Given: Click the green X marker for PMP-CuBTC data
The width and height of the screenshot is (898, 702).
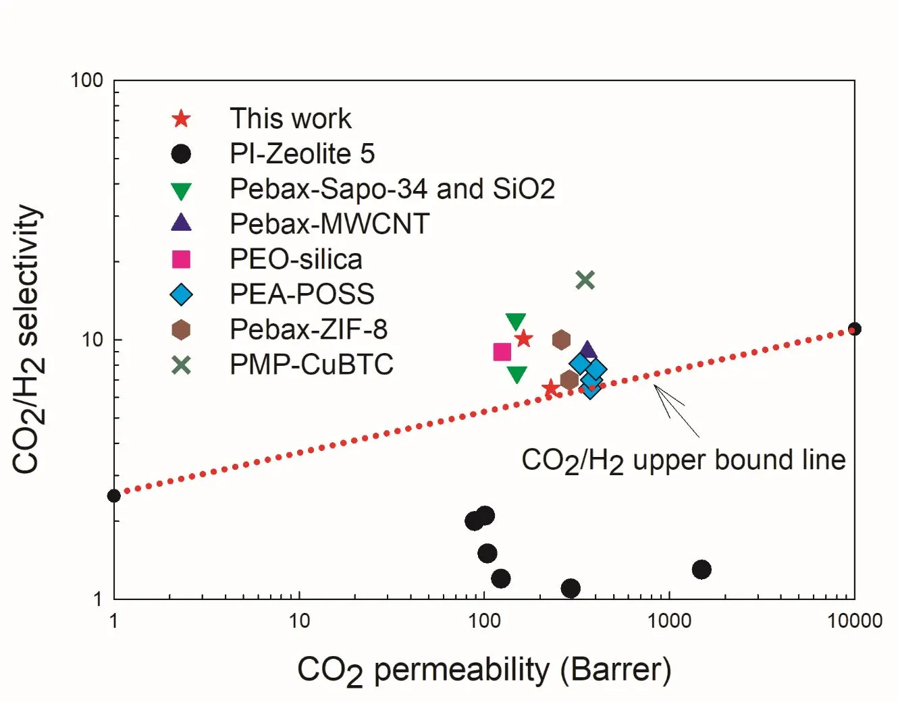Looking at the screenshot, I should [x=585, y=280].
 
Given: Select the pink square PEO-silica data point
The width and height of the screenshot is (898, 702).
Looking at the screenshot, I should [x=502, y=352].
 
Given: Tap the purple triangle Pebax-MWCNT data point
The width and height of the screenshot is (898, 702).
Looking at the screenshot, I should [x=587, y=350].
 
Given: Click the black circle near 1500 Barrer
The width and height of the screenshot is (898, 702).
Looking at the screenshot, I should [x=702, y=569].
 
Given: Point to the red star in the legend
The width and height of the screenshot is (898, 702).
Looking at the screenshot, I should [x=181, y=119].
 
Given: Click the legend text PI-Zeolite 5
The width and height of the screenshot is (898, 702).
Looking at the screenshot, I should [x=302, y=154].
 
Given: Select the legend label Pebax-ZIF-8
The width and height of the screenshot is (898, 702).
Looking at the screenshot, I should [x=309, y=329].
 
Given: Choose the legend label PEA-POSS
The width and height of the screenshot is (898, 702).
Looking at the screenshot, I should [x=302, y=294].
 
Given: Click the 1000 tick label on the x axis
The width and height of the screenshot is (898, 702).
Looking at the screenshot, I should [x=669, y=621].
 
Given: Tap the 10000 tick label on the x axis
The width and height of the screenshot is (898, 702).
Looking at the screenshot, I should [x=855, y=621].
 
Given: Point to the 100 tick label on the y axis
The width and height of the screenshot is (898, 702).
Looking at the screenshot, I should [x=86, y=80].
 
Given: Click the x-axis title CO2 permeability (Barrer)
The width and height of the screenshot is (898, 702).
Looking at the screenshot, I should [x=484, y=670].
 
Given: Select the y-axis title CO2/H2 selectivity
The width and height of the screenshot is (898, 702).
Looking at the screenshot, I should [x=28, y=340].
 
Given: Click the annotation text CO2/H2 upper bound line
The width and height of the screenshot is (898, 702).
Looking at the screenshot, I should [x=683, y=461].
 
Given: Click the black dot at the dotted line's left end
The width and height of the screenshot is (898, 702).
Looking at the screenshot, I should [x=114, y=495].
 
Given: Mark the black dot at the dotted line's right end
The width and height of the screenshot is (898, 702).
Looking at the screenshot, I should [x=855, y=329].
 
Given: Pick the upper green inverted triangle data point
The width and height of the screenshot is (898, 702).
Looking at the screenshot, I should [x=516, y=322].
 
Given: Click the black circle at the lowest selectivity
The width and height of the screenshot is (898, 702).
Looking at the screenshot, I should [x=571, y=588].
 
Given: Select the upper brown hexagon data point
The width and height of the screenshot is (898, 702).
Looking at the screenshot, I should [x=561, y=340].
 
